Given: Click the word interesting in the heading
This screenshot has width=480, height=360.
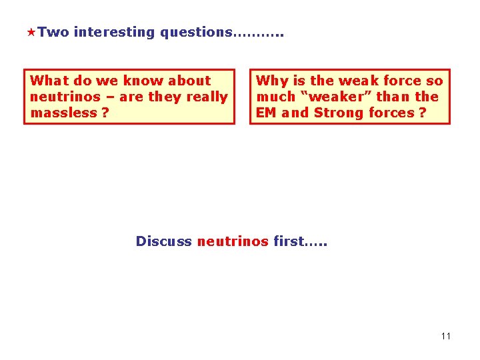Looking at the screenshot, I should point(115,32).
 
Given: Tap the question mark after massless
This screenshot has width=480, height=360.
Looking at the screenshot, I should point(105,113).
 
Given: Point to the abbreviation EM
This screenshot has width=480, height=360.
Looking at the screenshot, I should point(266,113).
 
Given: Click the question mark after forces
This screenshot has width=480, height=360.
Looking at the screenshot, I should point(423,113).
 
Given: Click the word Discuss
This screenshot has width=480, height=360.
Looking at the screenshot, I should point(163,241).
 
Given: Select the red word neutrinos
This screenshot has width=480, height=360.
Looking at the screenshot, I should point(233,241).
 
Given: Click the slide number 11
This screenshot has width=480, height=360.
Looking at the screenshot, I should point(445,336).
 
